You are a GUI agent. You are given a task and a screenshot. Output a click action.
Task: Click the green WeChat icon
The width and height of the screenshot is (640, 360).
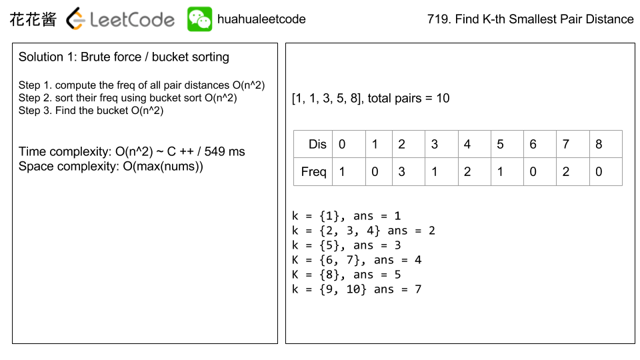(199, 19)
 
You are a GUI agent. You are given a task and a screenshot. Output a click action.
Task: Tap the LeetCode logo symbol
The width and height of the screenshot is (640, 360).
(76, 19)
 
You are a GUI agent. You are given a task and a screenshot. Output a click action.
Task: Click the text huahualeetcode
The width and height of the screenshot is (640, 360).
(261, 19)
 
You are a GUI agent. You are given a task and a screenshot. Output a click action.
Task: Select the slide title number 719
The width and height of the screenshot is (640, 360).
(437, 19)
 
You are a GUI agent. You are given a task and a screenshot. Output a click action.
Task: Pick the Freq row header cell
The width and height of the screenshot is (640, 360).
(313, 171)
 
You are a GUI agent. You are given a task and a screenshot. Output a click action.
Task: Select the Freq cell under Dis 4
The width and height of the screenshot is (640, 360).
(473, 171)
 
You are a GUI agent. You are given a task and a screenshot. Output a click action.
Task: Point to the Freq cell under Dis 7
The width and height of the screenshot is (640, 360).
(572, 171)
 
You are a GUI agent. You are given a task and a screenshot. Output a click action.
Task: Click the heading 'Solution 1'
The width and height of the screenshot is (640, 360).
(47, 57)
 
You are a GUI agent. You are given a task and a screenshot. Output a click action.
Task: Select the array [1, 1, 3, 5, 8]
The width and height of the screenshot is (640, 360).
(327, 99)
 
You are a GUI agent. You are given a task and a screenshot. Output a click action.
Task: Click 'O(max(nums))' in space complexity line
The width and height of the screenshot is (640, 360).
(163, 167)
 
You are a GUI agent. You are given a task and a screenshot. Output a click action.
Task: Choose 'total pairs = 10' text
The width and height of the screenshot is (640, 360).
(409, 99)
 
